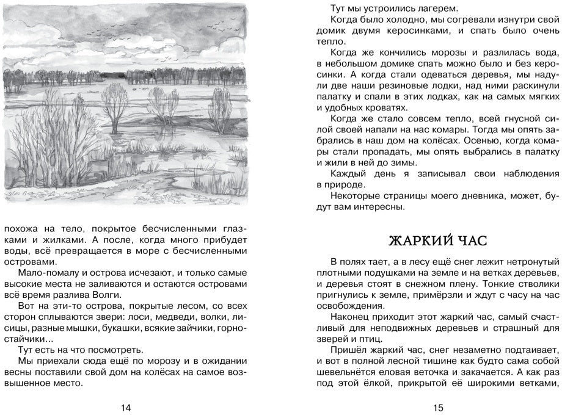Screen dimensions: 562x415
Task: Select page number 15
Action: [x=437, y=406]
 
